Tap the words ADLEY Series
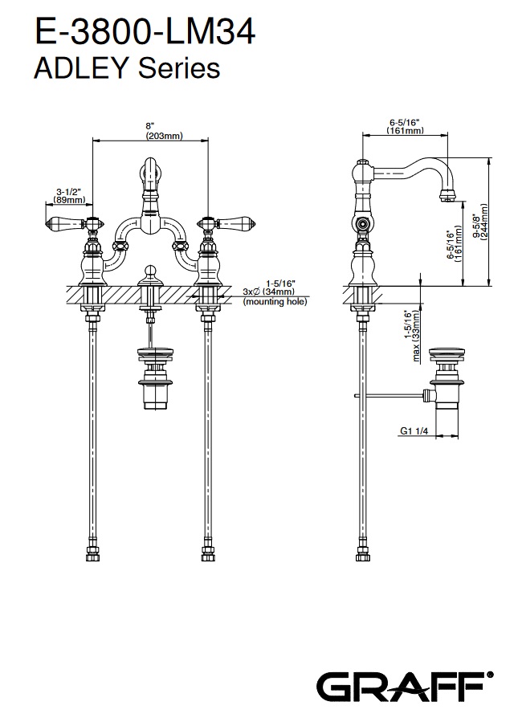[x=126, y=68]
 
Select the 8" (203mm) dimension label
[x=149, y=131]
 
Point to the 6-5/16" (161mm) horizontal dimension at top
[x=405, y=125]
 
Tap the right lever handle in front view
[x=234, y=222]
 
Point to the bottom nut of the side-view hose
[x=361, y=554]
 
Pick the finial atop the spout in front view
[x=150, y=169]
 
